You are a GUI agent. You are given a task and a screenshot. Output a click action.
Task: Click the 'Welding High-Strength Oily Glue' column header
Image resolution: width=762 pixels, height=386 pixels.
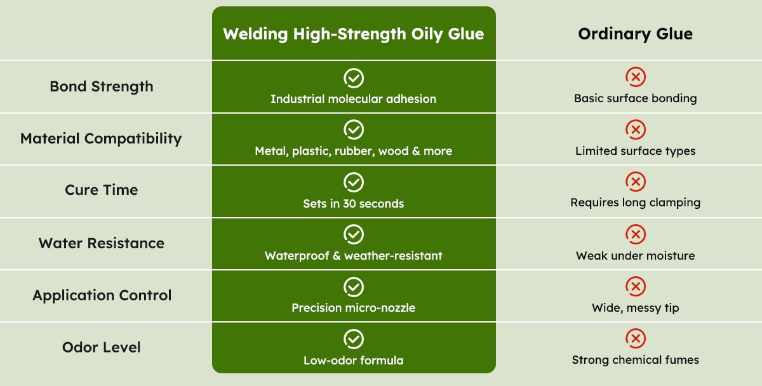[354, 34]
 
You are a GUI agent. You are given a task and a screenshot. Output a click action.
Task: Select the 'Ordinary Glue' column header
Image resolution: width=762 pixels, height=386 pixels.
[635, 34]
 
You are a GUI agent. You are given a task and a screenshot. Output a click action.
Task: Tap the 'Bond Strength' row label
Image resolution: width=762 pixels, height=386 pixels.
[102, 87]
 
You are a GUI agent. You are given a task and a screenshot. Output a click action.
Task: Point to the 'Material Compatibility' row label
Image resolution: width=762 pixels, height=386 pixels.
[101, 139]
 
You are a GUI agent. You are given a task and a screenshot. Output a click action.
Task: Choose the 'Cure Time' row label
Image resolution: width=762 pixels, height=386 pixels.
[102, 190]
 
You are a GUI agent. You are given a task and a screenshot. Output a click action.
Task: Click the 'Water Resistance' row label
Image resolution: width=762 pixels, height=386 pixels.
[102, 243]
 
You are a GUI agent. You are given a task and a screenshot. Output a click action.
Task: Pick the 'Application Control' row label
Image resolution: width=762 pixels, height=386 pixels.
[102, 296]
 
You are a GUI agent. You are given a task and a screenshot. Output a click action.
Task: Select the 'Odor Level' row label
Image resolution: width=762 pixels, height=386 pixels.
[102, 347]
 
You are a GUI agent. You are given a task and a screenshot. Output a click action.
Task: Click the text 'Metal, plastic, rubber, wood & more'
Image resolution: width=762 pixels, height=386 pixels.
[354, 151]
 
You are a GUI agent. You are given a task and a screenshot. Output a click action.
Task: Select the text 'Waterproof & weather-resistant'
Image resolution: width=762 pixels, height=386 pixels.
[354, 256]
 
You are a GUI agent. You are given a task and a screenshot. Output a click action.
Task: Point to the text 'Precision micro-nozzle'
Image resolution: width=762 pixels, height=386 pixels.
[354, 308]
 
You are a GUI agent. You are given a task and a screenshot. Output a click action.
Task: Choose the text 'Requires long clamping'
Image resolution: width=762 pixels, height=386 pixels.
[636, 203]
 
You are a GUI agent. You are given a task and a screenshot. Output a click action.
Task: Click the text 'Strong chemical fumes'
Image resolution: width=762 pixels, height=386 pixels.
[636, 360]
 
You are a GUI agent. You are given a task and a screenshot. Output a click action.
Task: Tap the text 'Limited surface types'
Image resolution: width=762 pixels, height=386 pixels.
[636, 151]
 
